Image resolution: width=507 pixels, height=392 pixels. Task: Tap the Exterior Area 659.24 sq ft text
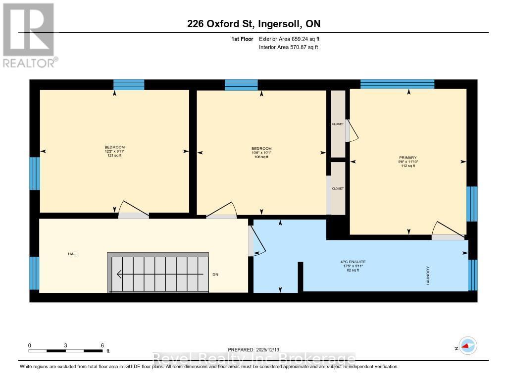click(293, 39)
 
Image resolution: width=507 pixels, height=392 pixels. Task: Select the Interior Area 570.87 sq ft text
click(288, 47)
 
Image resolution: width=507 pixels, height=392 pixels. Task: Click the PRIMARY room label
click(408, 158)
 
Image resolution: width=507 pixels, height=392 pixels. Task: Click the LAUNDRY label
click(428, 276)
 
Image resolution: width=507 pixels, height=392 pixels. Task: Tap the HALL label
click(73, 254)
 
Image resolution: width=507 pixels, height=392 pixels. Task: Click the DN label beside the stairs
click(215, 274)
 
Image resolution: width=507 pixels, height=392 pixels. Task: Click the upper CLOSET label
click(338, 124)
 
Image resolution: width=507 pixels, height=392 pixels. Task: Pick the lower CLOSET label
click(338, 188)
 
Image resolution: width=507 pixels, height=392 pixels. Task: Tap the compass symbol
click(467, 345)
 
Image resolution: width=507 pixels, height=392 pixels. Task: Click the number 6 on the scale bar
click(102, 345)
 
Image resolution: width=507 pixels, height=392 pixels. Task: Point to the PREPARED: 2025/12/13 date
click(257, 349)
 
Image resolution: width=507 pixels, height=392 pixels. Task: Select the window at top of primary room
click(397, 84)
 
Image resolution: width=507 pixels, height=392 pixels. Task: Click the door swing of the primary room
click(446, 229)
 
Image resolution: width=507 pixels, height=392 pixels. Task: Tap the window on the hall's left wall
click(34, 273)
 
